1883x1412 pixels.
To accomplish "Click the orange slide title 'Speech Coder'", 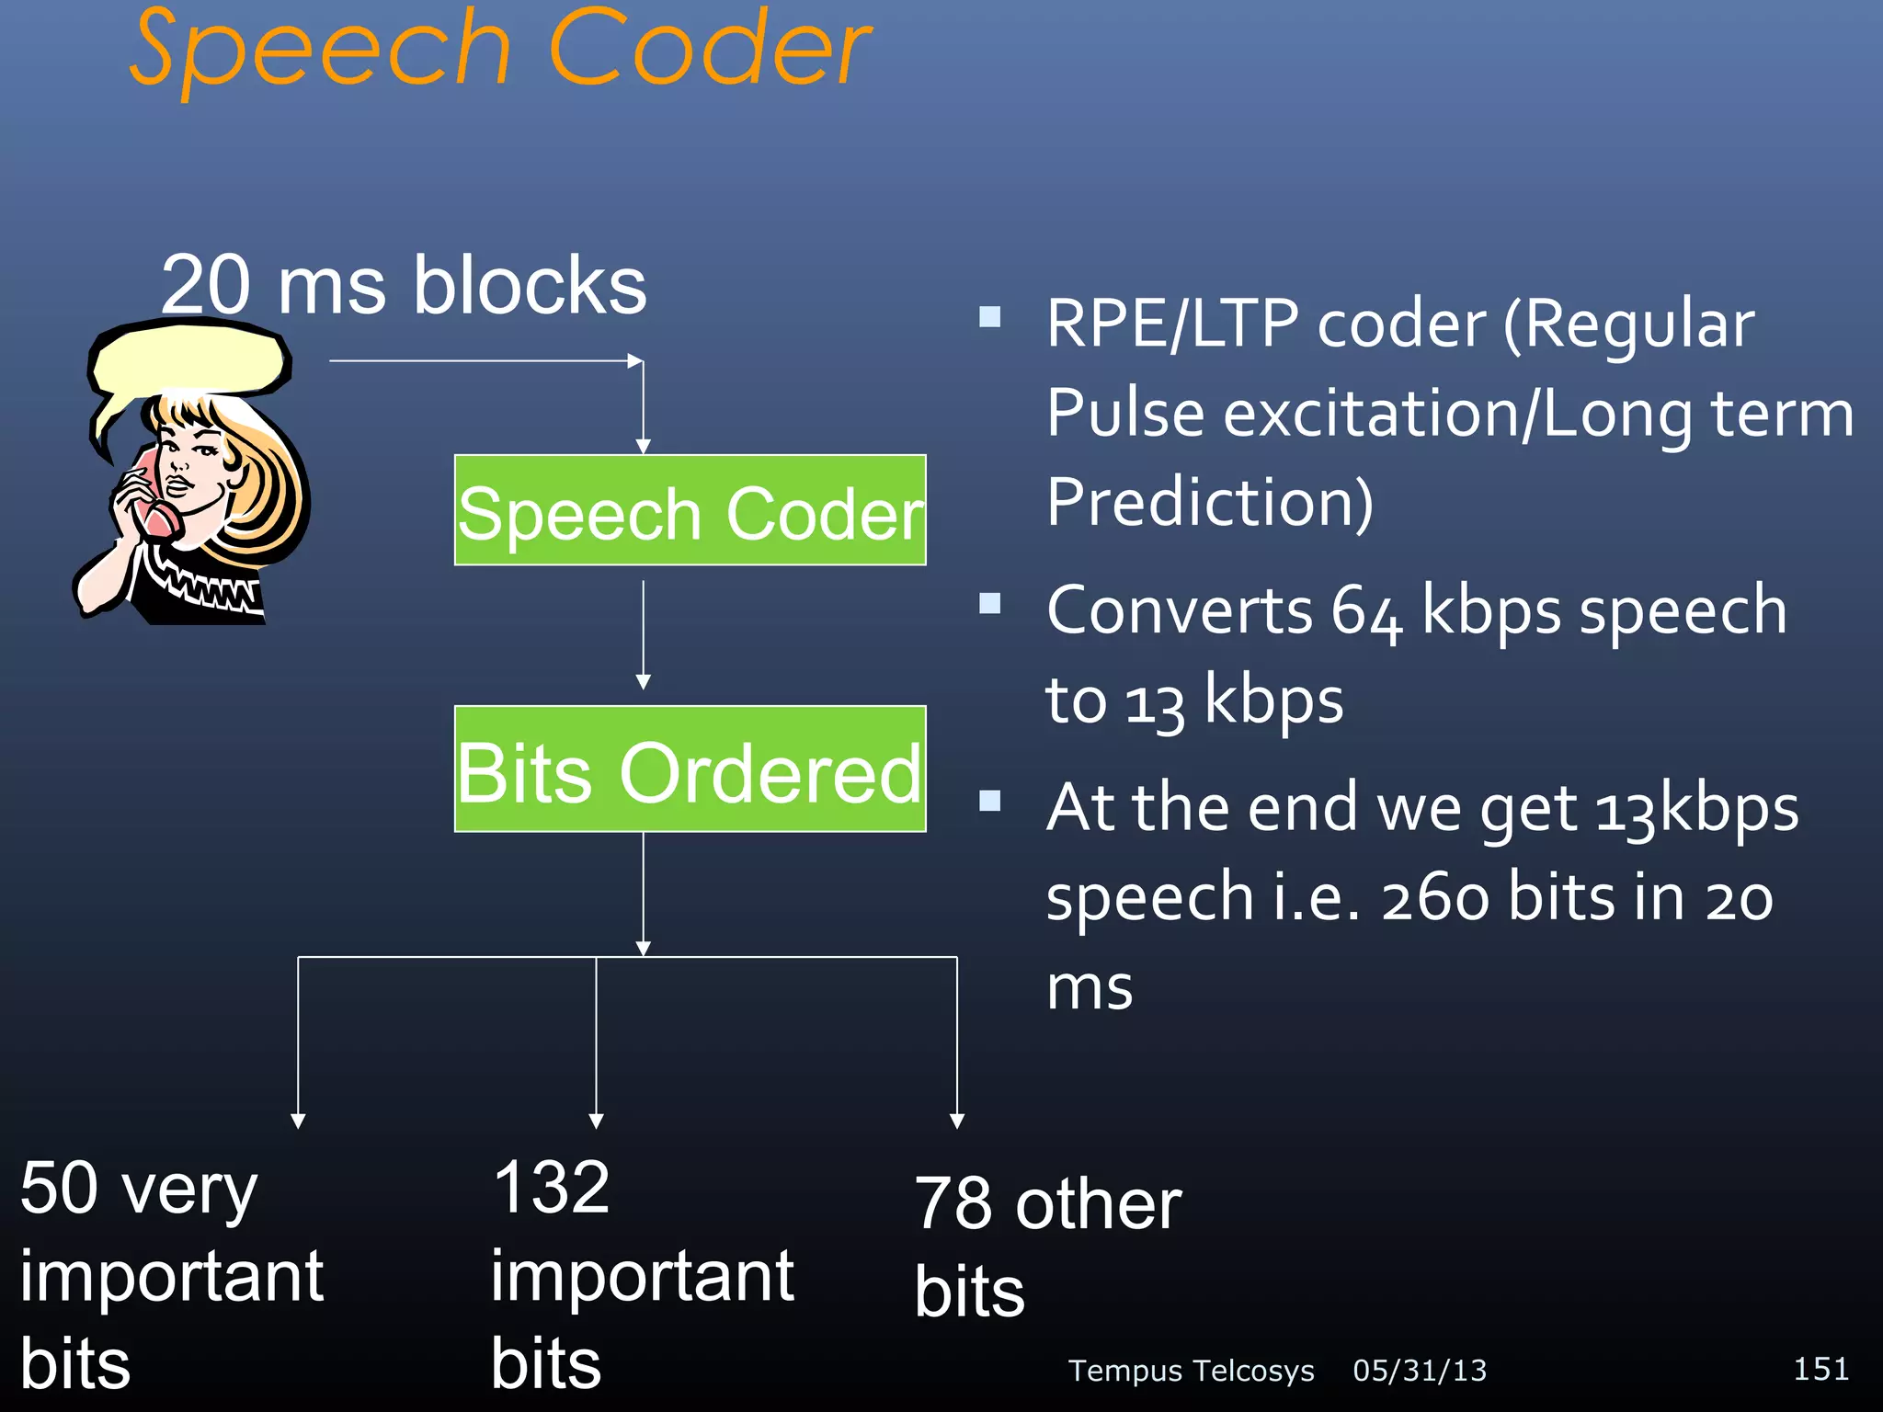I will click(500, 51).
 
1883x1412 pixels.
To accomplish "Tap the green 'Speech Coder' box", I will click(690, 511).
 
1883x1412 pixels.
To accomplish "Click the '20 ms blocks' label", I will click(404, 285).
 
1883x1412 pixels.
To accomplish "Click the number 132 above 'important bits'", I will click(551, 1187).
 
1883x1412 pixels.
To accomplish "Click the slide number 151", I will click(1820, 1369).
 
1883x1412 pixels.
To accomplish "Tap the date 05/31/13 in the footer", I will click(1420, 1371).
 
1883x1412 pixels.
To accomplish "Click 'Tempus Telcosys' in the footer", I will click(1191, 1371).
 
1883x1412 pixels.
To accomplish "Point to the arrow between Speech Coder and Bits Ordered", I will click(644, 634).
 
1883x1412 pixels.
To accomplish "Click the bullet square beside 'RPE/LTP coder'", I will click(990, 317).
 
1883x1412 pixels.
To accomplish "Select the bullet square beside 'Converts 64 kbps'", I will click(990, 603).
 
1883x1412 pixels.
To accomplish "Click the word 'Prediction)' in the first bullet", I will click(1210, 503).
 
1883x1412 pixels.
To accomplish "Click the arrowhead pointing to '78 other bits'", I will click(957, 1121).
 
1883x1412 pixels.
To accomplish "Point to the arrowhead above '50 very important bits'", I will click(298, 1121).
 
